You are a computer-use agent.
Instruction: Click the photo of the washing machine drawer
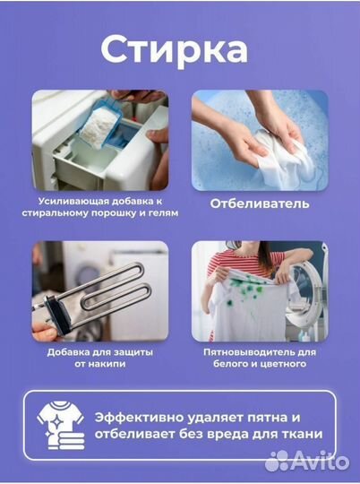[x=99, y=138]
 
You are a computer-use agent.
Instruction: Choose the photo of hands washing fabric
[x=260, y=138]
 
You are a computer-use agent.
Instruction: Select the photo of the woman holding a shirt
[x=260, y=290]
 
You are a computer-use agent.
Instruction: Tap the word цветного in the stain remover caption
[x=286, y=365]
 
